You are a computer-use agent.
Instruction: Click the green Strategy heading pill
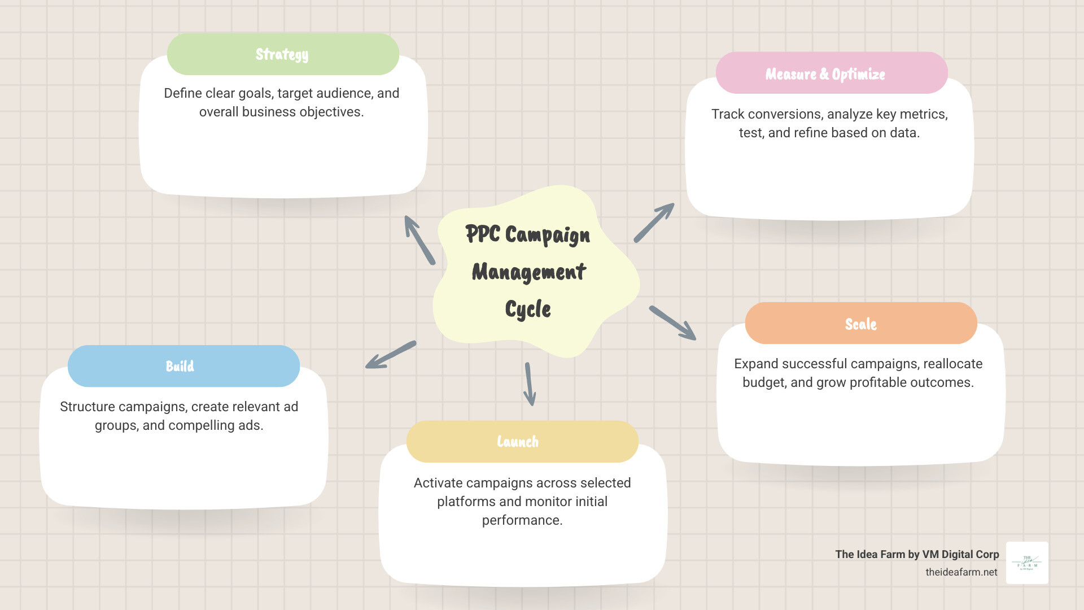click(x=283, y=54)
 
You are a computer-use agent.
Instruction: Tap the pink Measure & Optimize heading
click(x=831, y=73)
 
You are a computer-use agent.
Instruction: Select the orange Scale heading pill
click(x=860, y=324)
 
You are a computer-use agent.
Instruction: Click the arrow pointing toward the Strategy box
click(x=419, y=240)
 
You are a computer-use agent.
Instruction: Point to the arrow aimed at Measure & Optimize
click(x=654, y=223)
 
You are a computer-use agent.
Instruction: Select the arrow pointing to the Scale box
click(x=672, y=323)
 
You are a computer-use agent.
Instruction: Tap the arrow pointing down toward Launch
click(x=530, y=384)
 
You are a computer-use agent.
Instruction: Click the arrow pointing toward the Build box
click(x=391, y=355)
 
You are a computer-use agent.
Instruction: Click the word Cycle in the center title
click(x=528, y=310)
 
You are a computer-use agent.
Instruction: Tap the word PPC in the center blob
click(x=483, y=234)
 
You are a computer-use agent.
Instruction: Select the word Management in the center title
click(x=529, y=272)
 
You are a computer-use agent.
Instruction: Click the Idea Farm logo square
click(x=1027, y=563)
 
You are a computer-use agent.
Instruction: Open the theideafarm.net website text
click(x=961, y=572)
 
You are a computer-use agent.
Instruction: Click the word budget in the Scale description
click(x=763, y=382)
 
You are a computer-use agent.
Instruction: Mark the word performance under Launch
click(x=522, y=520)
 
